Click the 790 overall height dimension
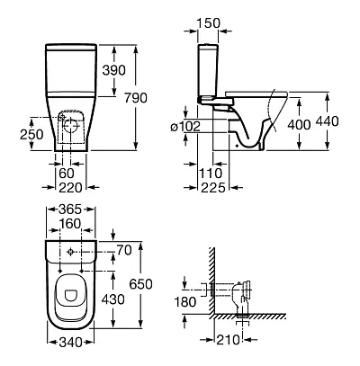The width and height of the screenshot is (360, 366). coord(136,98)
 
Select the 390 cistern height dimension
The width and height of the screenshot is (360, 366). coord(113,70)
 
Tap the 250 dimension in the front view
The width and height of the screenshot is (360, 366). coord(31,134)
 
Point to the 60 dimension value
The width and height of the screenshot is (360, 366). coord(67,174)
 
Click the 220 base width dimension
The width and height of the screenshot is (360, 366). coord(70,188)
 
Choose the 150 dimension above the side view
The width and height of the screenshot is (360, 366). coord(209,23)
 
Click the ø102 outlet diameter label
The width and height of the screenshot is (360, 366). coord(185,127)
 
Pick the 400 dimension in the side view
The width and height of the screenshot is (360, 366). coord(299,124)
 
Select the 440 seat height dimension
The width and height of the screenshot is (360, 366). coord(327,121)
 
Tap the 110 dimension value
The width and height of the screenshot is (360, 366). coord(211,174)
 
